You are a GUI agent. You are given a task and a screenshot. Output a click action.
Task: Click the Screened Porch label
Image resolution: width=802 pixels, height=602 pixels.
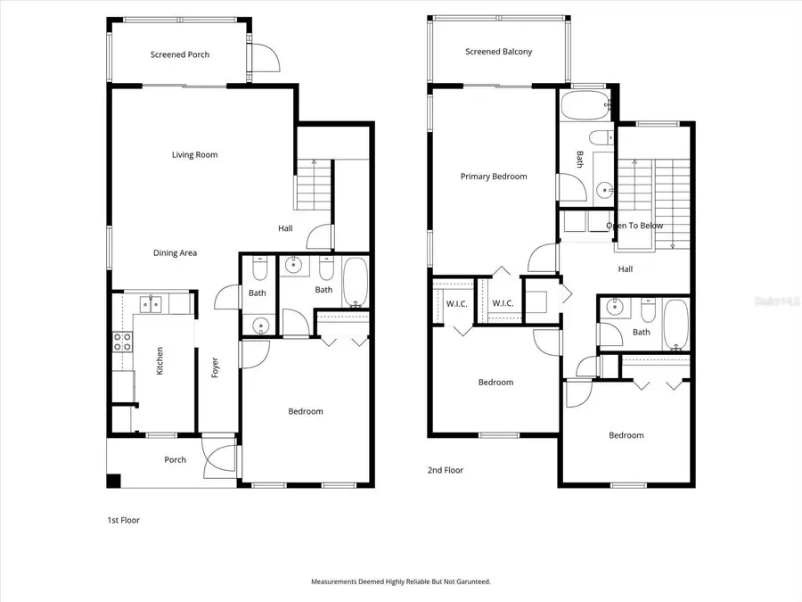pos(180,54)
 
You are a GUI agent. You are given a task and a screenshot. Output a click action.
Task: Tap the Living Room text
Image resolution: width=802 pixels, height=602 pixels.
pos(194,155)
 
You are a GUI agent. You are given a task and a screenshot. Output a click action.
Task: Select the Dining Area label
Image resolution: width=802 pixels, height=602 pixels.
pos(175,253)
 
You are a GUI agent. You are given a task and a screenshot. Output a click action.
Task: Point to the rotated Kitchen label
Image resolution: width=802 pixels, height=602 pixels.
pos(160,360)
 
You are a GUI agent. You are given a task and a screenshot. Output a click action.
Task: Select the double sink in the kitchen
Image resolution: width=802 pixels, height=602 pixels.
pos(148,305)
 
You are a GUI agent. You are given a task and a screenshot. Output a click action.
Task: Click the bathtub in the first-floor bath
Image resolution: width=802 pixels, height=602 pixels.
pos(354,283)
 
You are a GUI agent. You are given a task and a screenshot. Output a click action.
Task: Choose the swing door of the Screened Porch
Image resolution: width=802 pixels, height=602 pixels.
pos(264,58)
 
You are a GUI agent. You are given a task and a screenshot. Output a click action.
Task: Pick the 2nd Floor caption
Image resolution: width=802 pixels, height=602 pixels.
pos(445,470)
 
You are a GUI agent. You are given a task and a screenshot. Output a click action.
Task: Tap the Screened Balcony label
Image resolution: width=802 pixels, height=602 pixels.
pos(498,52)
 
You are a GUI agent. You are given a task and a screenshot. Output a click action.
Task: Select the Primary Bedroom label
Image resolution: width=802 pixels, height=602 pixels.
pos(493,177)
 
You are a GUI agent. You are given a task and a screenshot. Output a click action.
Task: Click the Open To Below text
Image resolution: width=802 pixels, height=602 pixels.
pos(634,226)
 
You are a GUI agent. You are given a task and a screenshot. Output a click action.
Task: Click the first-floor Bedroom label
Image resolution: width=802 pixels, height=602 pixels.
pos(305,411)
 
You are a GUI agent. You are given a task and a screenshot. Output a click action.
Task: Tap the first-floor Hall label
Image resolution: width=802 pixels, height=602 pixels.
pos(285,228)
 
